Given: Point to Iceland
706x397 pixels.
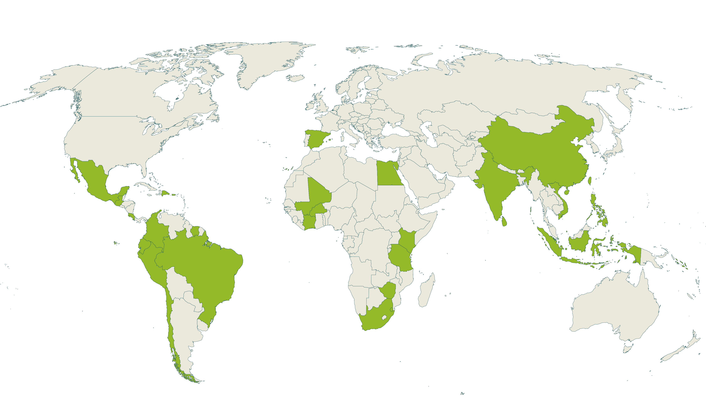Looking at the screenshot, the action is click(x=295, y=78).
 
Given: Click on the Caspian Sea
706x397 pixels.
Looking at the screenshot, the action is click(x=429, y=134).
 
